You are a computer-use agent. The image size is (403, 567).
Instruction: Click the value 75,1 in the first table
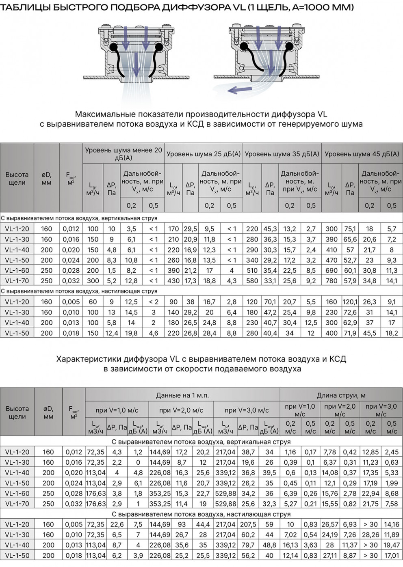pyautogui.click(x=350, y=229)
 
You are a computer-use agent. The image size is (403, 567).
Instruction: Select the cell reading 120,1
pyautogui.click(x=350, y=302)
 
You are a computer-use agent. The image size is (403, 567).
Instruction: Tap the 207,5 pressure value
pyautogui.click(x=248, y=524)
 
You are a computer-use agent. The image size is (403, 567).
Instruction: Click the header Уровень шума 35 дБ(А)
pyautogui.click(x=282, y=154)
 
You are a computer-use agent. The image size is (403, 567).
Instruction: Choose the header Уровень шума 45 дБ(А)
pyautogui.click(x=362, y=154)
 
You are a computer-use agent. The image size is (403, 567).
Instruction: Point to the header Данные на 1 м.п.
pyautogui.click(x=182, y=395)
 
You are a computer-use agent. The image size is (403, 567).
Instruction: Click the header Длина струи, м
pyautogui.click(x=341, y=395)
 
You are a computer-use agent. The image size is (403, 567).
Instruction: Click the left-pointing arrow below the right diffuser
pyautogui.click(x=239, y=89)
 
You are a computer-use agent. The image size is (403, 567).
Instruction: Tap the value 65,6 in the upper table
pyautogui.click(x=350, y=239)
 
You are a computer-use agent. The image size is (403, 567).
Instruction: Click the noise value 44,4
pyautogui.click(x=203, y=524)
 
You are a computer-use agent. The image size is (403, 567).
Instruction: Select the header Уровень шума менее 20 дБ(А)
pyautogui.click(x=123, y=154)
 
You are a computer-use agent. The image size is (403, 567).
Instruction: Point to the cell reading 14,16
pyautogui.click(x=392, y=524)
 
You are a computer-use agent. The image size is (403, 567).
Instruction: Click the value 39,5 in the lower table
pyautogui.click(x=269, y=473)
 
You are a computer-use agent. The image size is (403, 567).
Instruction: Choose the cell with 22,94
pyautogui.click(x=370, y=494)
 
